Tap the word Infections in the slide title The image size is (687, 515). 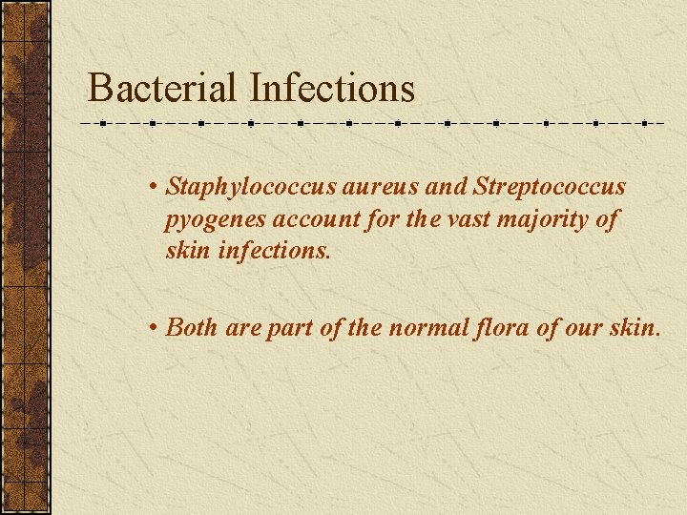click(x=332, y=89)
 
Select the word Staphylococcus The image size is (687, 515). click(x=251, y=187)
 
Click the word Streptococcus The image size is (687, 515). click(x=543, y=187)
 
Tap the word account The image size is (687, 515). click(x=313, y=220)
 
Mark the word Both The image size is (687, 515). click(x=192, y=327)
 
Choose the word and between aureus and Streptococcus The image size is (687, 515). click(x=440, y=187)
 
